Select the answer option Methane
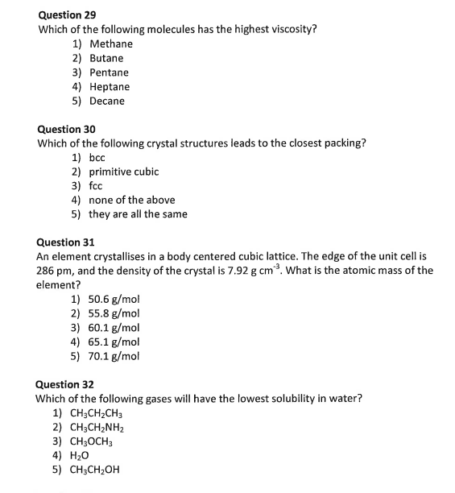click(111, 43)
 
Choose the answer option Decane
click(107, 101)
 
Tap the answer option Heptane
click(110, 86)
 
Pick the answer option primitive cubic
click(124, 172)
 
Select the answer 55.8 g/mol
click(114, 313)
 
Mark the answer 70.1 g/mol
click(114, 355)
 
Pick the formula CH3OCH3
click(93, 441)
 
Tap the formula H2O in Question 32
click(81, 456)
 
